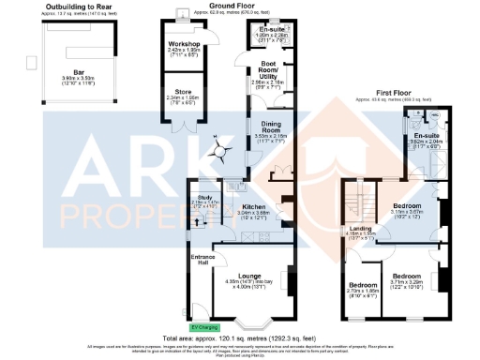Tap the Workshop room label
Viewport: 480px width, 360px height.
[x=184, y=43]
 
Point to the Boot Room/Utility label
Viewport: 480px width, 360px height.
[x=260, y=67]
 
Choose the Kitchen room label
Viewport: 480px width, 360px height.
[x=254, y=206]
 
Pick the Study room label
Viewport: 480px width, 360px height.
[x=204, y=197]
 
